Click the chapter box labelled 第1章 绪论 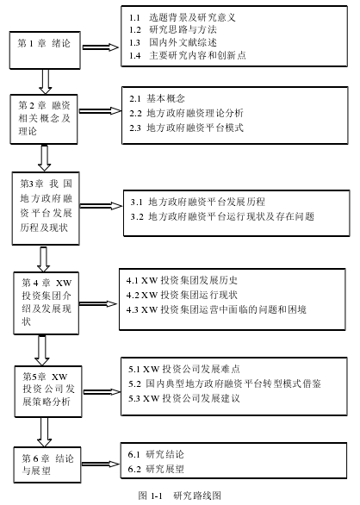45,50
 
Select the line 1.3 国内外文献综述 173,42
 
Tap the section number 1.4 135,56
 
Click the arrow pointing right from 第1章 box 101,47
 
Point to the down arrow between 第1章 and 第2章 45,82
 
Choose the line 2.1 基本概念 157,98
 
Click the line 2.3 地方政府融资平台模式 186,128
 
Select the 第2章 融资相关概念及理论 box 44,119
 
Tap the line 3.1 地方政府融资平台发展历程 198,202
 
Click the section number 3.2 137,217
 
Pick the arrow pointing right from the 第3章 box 101,205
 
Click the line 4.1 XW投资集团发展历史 182,280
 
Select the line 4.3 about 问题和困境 216,309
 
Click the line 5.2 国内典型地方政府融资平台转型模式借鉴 225,383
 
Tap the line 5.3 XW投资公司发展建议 184,398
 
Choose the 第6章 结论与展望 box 47,464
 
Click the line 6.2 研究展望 156,469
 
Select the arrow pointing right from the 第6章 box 101,464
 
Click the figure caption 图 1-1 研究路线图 180,496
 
